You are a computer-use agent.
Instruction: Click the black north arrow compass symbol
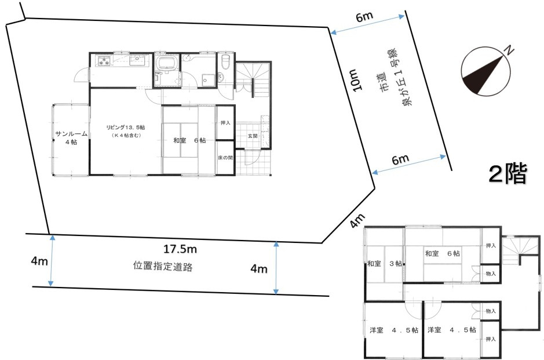pos(484,73)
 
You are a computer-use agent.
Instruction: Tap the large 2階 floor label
pos(508,173)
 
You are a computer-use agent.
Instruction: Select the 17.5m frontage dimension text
pos(180,250)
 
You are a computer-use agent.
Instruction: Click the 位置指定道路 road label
pos(162,267)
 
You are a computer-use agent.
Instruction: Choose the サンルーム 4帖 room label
pos(71,138)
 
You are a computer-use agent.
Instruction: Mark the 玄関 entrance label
pos(253,136)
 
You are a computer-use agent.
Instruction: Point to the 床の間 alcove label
pos(225,157)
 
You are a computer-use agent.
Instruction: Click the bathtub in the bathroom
pos(167,63)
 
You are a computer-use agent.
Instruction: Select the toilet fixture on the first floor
pos(227,61)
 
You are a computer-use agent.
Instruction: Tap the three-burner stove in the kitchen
pos(105,60)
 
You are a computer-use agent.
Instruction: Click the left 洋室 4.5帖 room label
pos(392,330)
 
